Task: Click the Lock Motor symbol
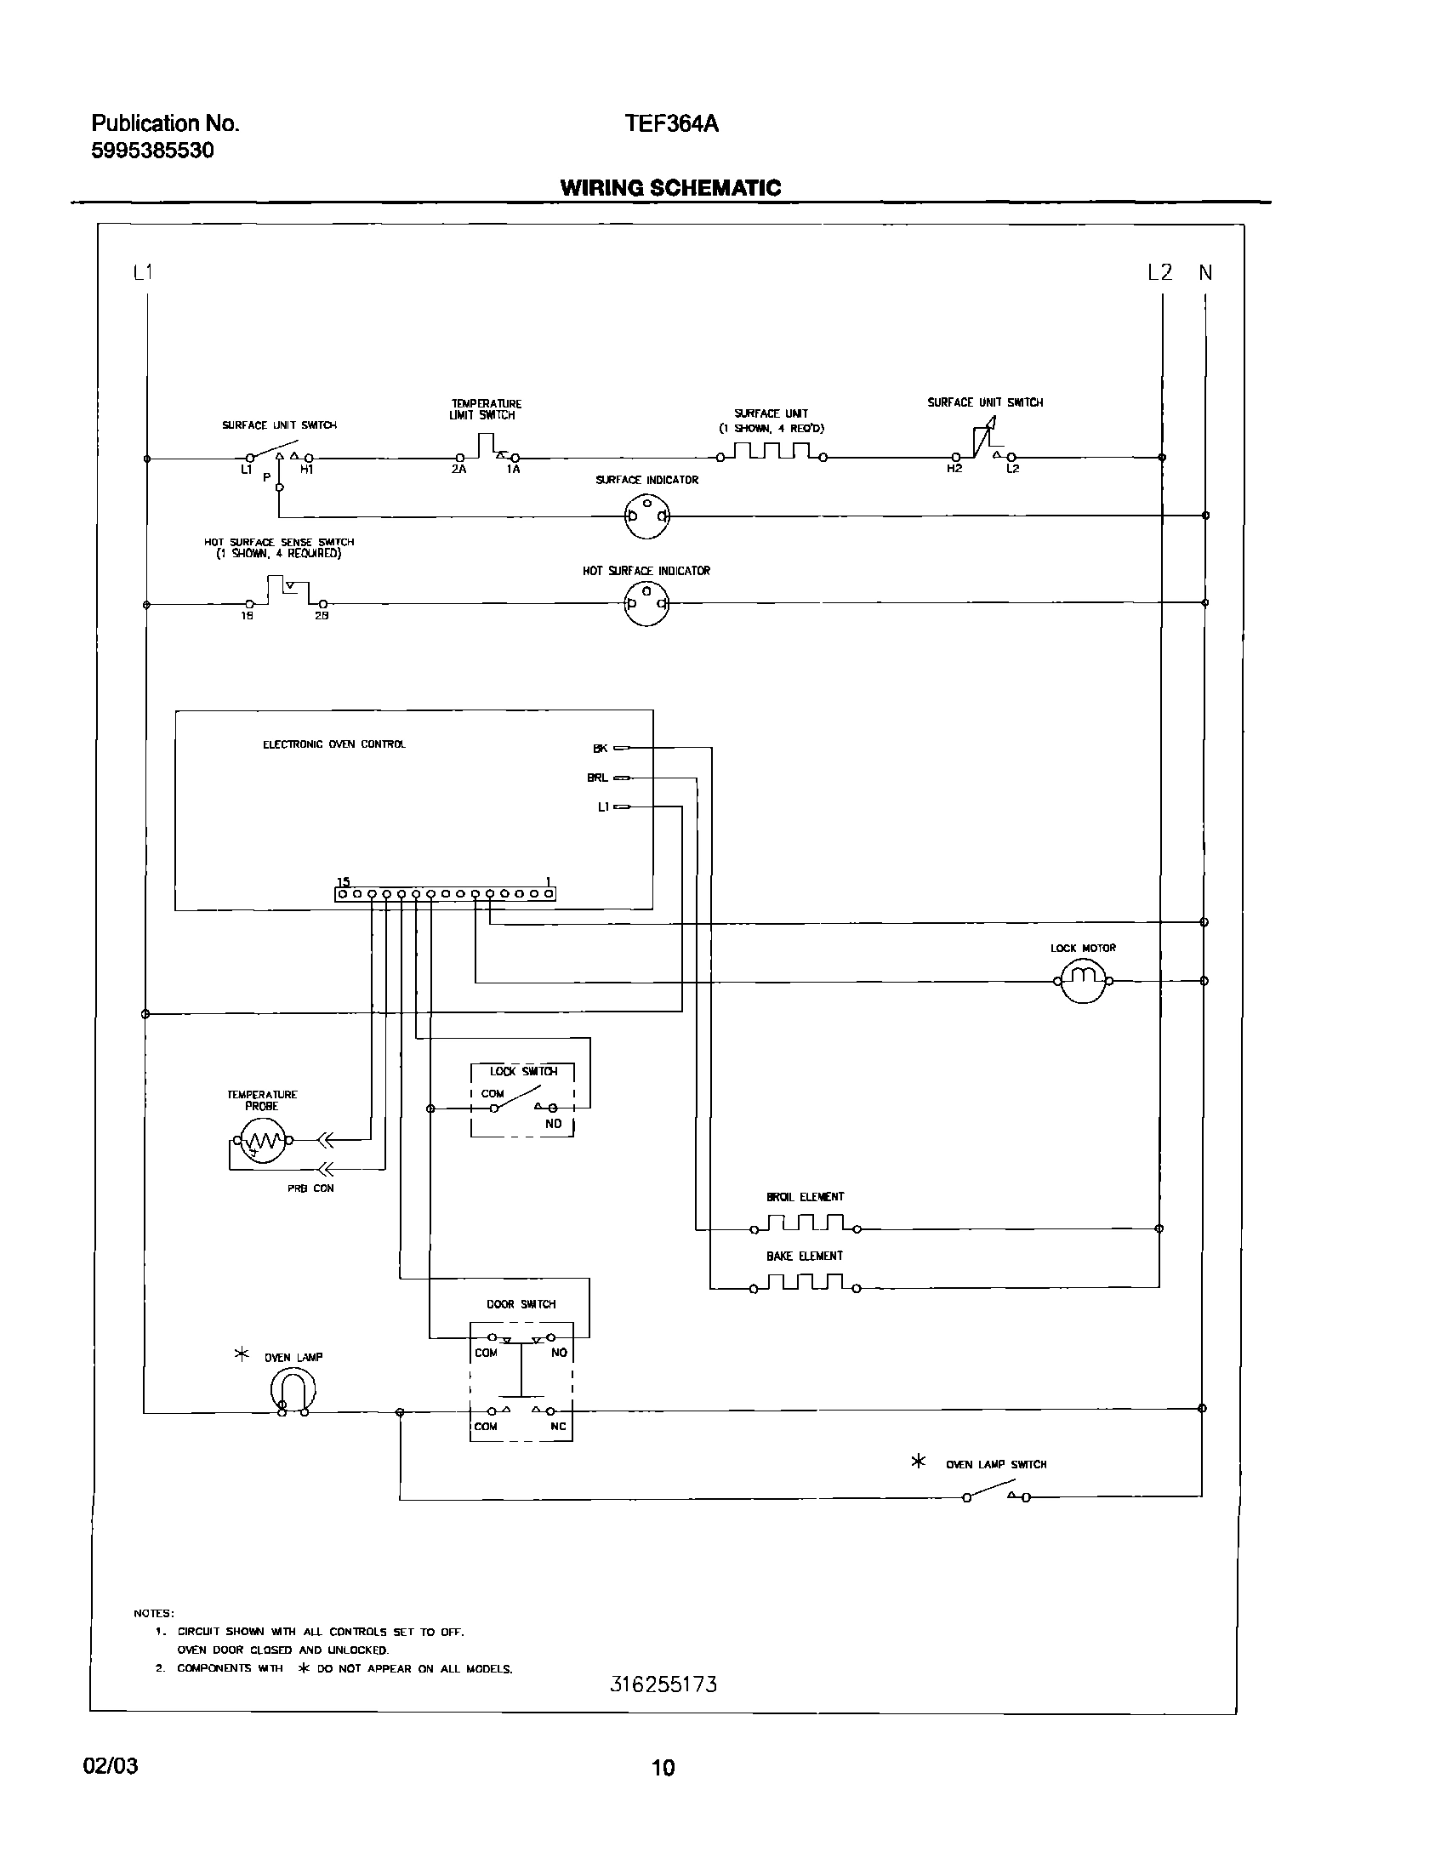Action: click(1082, 981)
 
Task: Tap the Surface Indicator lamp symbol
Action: click(646, 516)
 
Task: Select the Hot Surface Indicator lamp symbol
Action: click(646, 604)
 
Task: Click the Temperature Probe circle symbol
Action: click(262, 1141)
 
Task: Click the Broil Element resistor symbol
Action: click(805, 1225)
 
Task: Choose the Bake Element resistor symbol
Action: click(805, 1284)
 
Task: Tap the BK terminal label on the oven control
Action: click(601, 749)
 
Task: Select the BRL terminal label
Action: click(598, 778)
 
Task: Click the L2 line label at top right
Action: click(1159, 273)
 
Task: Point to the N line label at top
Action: click(1205, 273)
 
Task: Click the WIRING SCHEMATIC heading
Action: click(670, 188)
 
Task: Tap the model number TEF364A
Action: click(672, 124)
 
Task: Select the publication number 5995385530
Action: click(152, 151)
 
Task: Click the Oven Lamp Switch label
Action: click(996, 1465)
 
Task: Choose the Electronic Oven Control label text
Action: click(334, 744)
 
